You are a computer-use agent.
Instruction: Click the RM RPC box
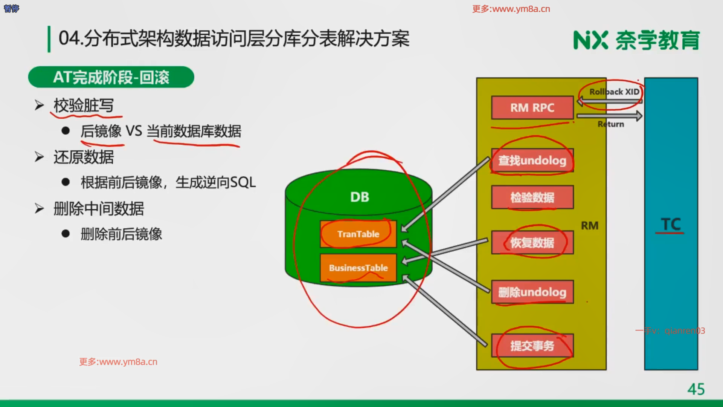coord(532,108)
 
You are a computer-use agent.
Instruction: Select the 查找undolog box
coord(532,161)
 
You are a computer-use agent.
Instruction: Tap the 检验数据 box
coord(532,197)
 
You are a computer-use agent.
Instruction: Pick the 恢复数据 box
coord(532,243)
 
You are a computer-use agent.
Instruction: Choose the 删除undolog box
coord(532,292)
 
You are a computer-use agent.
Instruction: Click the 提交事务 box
coord(532,346)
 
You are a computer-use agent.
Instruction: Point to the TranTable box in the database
coord(358,234)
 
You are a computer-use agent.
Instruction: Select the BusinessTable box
coord(358,268)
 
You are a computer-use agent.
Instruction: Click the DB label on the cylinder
coord(360,197)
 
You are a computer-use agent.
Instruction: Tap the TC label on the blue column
coord(671,225)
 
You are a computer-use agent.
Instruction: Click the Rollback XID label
coord(614,92)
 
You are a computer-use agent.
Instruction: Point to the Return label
coord(610,124)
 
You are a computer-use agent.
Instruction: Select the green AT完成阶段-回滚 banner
coord(111,77)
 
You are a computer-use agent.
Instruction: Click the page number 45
coord(696,389)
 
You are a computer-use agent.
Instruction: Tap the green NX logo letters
coord(590,40)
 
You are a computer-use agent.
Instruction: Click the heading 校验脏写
coord(84,106)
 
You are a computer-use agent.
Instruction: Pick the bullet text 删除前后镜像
coord(121,234)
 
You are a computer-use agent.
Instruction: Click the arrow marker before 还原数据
coord(39,157)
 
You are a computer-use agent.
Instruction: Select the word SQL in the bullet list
coord(243,183)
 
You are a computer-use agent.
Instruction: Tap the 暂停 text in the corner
coord(11,8)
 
